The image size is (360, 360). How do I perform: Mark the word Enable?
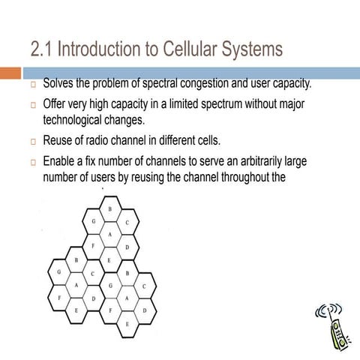pyautogui.click(x=61, y=162)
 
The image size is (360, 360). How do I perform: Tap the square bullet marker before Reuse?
pyautogui.click(x=34, y=142)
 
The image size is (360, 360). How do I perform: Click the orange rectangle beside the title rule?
pyautogui.click(x=10, y=73)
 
